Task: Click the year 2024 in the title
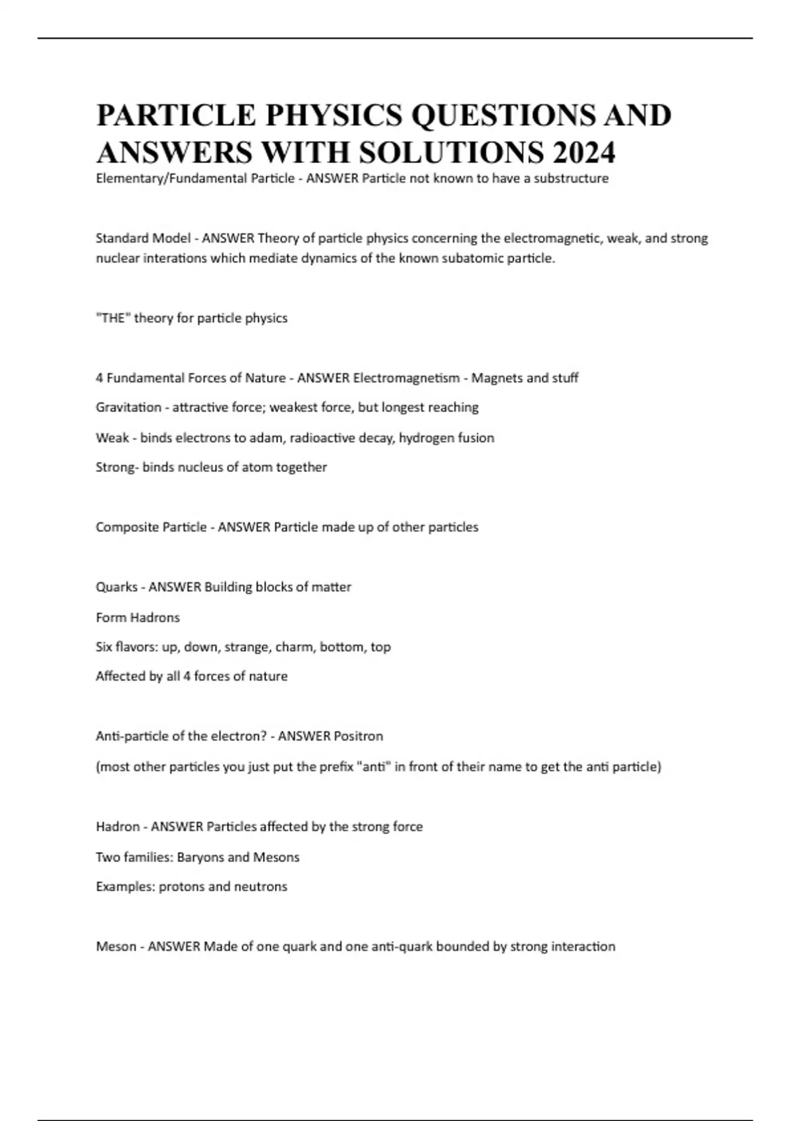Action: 584,152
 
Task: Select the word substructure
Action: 571,179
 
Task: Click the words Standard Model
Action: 143,238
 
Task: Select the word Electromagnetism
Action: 407,378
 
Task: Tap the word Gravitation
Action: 129,408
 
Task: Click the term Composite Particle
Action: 151,528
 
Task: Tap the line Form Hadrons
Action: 138,618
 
